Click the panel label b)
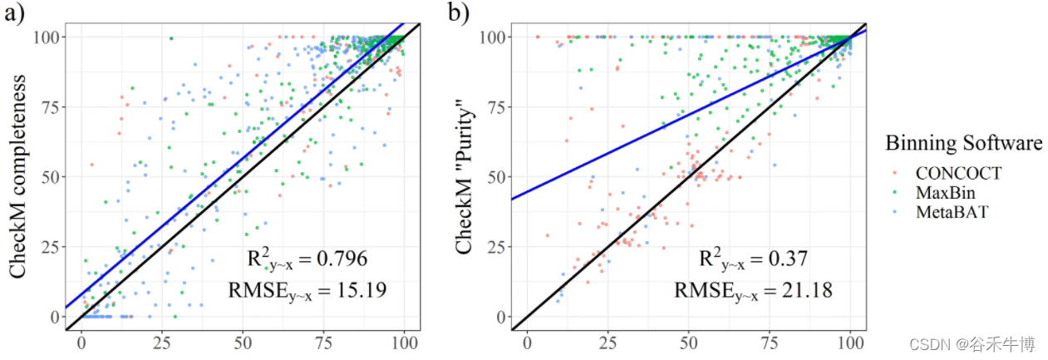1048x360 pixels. click(x=458, y=13)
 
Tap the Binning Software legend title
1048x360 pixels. click(x=952, y=144)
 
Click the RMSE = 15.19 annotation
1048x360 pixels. click(x=307, y=289)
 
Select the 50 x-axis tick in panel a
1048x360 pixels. click(x=243, y=343)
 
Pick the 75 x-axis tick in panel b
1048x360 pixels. click(x=770, y=343)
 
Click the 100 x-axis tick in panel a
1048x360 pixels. click(x=404, y=343)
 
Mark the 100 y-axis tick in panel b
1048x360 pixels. click(x=492, y=37)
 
